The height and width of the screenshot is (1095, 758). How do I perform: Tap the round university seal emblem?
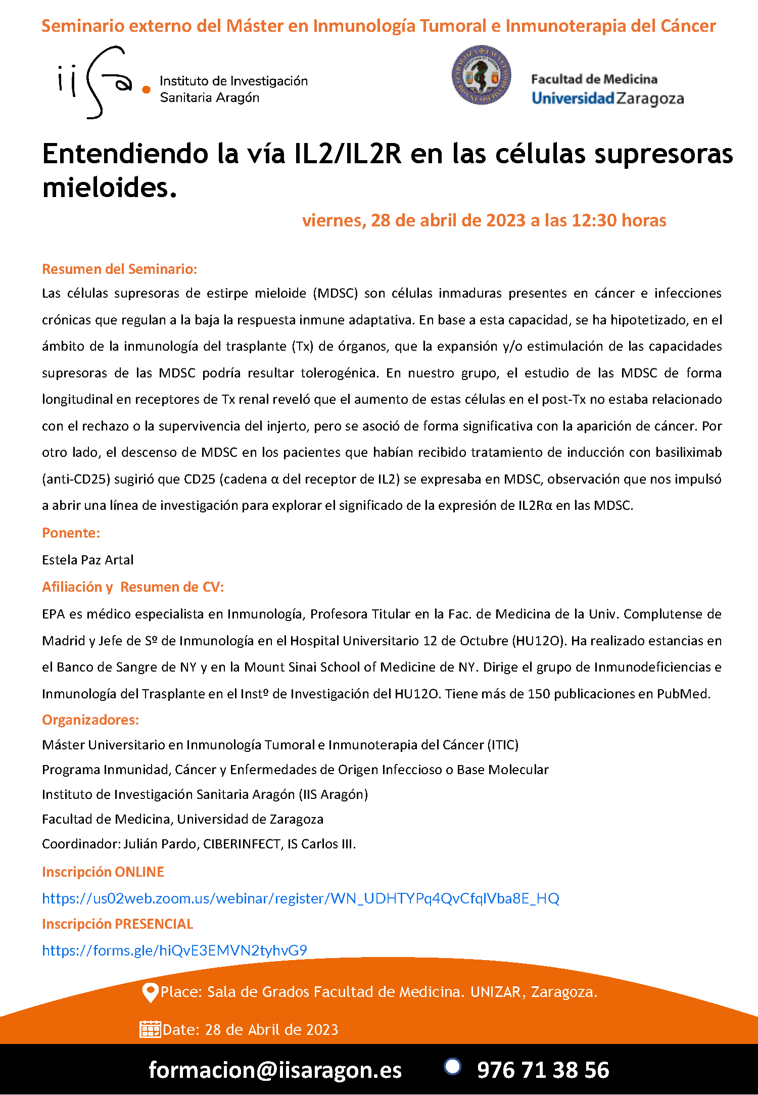click(x=481, y=75)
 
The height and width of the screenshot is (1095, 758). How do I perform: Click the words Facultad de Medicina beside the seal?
click(x=594, y=79)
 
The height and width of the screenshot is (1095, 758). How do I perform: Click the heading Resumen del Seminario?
click(x=119, y=269)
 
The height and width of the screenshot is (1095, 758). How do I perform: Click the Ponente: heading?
click(x=71, y=533)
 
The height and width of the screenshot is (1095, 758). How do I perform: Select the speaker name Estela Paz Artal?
click(x=87, y=560)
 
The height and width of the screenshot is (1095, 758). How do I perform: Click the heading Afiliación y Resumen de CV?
click(x=133, y=587)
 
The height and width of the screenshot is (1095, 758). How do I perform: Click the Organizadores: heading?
click(x=90, y=720)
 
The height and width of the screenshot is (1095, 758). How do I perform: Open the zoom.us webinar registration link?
click(x=301, y=898)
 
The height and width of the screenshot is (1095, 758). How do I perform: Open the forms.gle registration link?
click(x=174, y=950)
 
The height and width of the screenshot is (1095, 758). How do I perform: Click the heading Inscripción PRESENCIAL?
click(x=117, y=924)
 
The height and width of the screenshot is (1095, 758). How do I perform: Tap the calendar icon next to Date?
click(x=150, y=1029)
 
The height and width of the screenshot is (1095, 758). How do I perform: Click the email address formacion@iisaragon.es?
click(x=275, y=1070)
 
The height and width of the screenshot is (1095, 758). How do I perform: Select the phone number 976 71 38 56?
click(x=543, y=1070)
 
